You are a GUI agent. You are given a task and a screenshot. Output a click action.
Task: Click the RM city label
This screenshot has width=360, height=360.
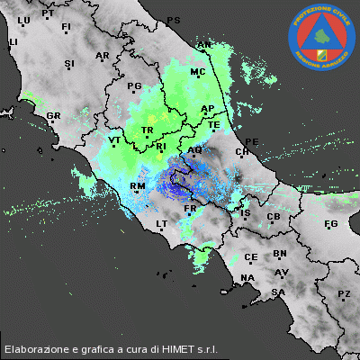tap(138, 186)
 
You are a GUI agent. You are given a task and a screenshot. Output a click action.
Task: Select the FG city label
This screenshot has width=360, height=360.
tap(330, 223)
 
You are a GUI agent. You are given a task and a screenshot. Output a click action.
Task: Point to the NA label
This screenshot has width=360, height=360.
tap(248, 278)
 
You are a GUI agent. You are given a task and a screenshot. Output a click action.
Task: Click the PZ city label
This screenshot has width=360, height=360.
tap(344, 294)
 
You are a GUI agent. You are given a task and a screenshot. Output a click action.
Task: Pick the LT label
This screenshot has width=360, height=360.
tap(162, 223)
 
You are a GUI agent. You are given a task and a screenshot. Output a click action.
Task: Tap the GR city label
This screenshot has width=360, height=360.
tap(53, 116)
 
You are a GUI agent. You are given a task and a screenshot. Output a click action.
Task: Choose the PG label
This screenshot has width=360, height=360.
tap(135, 86)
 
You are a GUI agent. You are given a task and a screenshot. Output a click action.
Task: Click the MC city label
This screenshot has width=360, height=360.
tap(198, 71)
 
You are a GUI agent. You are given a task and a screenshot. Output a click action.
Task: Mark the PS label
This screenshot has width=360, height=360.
tap(174, 20)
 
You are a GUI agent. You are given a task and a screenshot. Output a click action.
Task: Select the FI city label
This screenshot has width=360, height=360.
tap(66, 28)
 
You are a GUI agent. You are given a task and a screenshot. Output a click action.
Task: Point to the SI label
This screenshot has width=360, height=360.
tap(69, 63)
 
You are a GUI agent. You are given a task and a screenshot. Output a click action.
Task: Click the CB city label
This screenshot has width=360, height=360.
tap(274, 217)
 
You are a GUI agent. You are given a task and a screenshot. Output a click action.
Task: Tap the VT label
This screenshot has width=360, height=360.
tap(114, 140)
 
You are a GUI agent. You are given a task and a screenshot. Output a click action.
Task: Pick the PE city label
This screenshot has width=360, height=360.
tap(252, 141)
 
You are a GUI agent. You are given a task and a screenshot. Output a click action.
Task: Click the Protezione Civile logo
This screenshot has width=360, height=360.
tap(321, 37)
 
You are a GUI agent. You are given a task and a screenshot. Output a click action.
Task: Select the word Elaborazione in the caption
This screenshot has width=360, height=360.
tap(37, 348)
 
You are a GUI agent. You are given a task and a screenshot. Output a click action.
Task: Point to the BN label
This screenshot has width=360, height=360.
tap(280, 255)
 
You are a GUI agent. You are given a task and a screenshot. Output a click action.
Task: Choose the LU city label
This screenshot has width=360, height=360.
tap(24, 20)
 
